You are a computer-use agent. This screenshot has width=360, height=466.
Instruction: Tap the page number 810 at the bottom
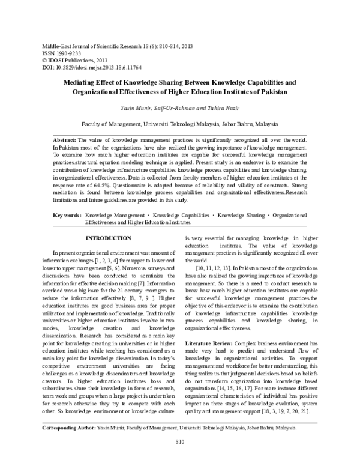point(180,459)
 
